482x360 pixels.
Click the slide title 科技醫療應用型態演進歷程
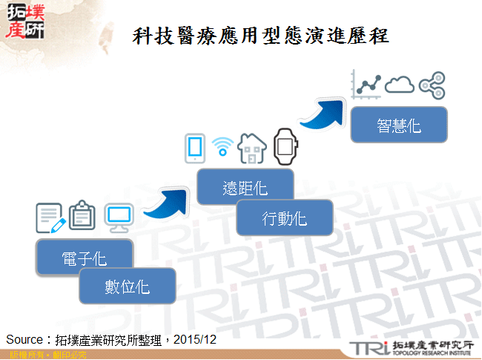click(x=261, y=36)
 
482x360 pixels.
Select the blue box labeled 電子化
click(x=84, y=258)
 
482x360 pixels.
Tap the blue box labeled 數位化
click(x=127, y=286)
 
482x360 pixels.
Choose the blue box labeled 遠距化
click(x=245, y=188)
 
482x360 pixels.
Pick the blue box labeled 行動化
click(x=284, y=218)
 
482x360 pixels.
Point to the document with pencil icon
click(x=50, y=217)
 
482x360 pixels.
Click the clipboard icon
click(x=82, y=216)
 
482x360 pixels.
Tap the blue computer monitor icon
click(x=119, y=217)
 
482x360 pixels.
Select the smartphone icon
click(x=194, y=148)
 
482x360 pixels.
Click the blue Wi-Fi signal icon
click(x=222, y=145)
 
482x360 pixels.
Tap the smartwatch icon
click(x=284, y=146)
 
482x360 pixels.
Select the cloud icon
click(x=400, y=84)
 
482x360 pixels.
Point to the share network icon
click(x=432, y=85)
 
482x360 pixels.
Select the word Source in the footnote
click(x=24, y=339)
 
